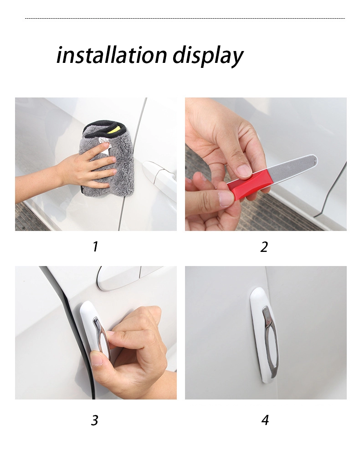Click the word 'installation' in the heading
tap(112, 56)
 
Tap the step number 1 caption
tap(95, 247)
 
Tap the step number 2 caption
tap(264, 247)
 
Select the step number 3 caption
tap(94, 420)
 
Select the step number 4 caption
tap(265, 420)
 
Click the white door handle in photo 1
tap(159, 175)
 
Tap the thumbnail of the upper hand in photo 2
tap(244, 170)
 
